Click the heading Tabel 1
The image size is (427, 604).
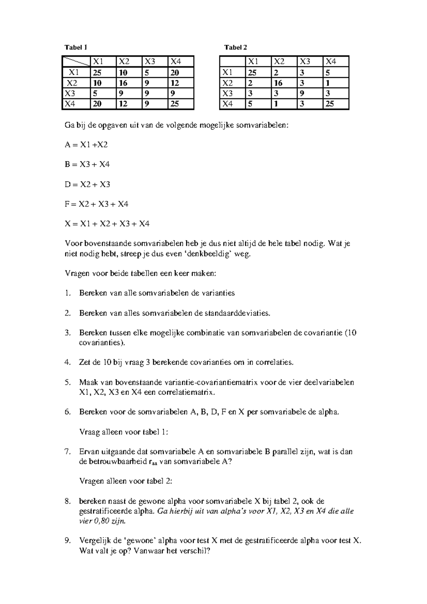75,47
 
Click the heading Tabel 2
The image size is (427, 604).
235,47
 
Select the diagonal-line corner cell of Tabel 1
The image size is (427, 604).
76,62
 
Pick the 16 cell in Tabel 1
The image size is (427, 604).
123,83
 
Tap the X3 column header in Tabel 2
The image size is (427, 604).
305,62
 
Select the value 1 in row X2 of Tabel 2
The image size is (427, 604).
327,83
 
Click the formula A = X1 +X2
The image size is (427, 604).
86,145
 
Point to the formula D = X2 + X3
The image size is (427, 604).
88,184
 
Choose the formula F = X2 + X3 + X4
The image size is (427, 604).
96,204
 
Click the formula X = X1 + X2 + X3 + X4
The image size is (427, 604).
107,224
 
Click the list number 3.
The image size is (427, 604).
68,333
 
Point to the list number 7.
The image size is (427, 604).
68,452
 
